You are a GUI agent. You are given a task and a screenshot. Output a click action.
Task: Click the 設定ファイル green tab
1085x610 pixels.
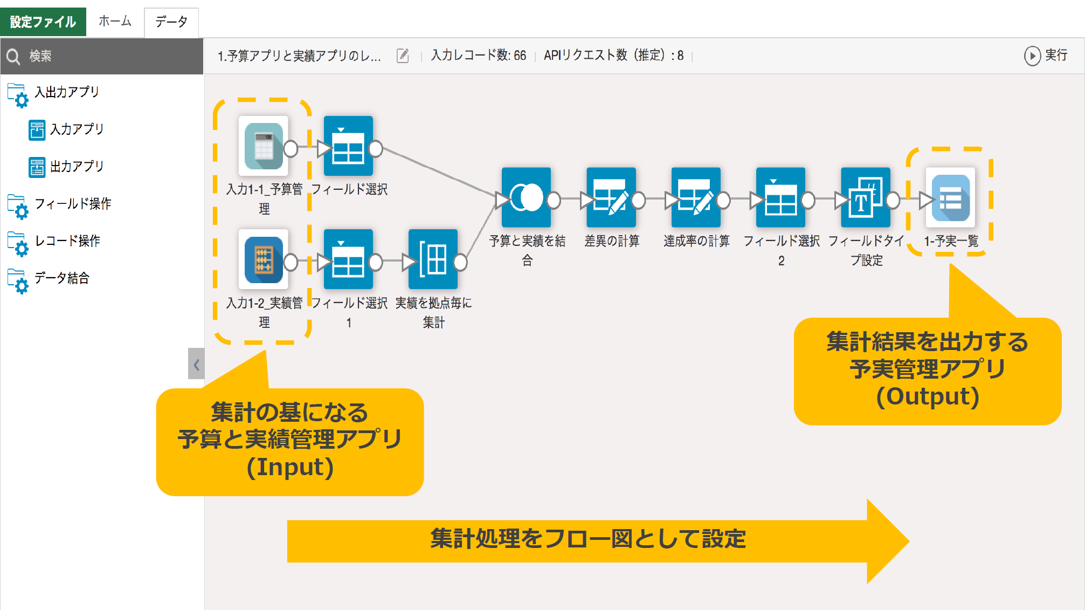coord(43,22)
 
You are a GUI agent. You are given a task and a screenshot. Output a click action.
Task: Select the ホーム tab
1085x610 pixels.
coord(115,22)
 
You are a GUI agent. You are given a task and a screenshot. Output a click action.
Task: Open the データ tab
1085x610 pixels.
coord(171,22)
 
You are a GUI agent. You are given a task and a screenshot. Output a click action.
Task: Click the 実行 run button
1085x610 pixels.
coord(1046,56)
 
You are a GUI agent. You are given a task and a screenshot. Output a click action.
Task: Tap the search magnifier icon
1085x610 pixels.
coord(13,56)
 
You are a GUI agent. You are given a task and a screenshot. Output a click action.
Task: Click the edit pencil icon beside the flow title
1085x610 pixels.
coord(403,56)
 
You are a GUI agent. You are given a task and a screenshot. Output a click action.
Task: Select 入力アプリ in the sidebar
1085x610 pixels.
coord(76,129)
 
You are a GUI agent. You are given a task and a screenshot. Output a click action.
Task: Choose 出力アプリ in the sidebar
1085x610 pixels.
coord(76,167)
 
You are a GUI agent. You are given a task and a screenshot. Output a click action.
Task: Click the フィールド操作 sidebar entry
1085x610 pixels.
coord(72,204)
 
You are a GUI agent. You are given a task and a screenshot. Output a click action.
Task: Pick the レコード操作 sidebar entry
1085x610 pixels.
coord(67,241)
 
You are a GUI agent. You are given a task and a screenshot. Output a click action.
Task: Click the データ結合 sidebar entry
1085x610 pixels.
coord(61,278)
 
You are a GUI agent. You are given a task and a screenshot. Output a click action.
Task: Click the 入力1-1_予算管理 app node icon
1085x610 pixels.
coord(264,146)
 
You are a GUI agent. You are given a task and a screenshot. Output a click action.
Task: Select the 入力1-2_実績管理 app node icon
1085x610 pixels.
coord(264,260)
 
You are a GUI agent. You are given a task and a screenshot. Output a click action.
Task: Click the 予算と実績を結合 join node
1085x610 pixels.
coord(526,198)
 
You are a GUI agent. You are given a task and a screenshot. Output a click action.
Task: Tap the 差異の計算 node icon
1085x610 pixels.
coord(611,198)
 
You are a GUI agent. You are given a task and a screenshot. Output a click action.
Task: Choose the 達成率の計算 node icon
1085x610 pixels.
coord(695,198)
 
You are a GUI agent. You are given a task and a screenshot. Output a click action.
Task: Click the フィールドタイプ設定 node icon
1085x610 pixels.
coord(865,198)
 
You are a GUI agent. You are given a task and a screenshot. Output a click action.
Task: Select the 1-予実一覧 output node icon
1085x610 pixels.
coord(950,198)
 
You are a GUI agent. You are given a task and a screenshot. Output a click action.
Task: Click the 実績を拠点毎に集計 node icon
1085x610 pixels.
coord(433,260)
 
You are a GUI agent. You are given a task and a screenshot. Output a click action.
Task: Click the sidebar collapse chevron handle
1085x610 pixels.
coord(196,364)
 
